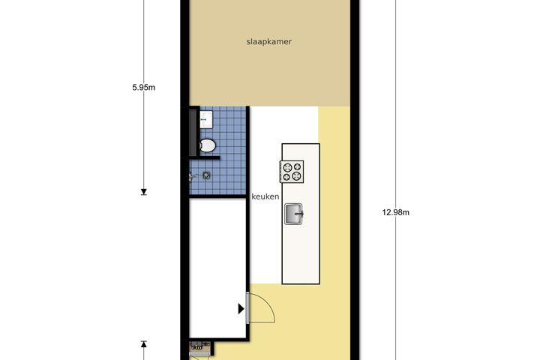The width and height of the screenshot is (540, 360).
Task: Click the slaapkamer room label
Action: [x=269, y=42]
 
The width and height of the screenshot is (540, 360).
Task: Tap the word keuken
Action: [x=265, y=196]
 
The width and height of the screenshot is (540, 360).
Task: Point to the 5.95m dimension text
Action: [x=143, y=88]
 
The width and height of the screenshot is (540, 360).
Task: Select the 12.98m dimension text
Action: [x=396, y=212]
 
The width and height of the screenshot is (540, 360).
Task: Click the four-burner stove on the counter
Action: [x=292, y=172]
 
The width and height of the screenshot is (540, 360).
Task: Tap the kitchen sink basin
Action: [x=293, y=214]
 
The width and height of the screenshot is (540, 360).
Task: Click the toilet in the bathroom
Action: [x=208, y=145]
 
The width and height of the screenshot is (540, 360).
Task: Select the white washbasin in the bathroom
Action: [x=206, y=119]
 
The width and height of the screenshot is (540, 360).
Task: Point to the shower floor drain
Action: [x=206, y=175]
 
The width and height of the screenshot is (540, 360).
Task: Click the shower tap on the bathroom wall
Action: [x=193, y=177]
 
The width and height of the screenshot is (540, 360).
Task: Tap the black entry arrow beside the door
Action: [x=241, y=309]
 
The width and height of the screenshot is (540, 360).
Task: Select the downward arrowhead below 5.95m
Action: [x=144, y=192]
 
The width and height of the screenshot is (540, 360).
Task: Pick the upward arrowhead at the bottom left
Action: [x=144, y=343]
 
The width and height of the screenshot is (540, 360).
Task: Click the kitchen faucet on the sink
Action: [x=298, y=214]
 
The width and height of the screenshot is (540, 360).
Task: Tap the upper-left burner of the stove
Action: [x=287, y=167]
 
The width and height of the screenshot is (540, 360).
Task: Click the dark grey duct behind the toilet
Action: [x=193, y=132]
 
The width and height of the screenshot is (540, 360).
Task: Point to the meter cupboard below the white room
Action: [x=200, y=349]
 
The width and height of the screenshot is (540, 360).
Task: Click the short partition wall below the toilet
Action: [x=204, y=157]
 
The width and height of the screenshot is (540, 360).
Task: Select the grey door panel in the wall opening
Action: [x=247, y=307]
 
